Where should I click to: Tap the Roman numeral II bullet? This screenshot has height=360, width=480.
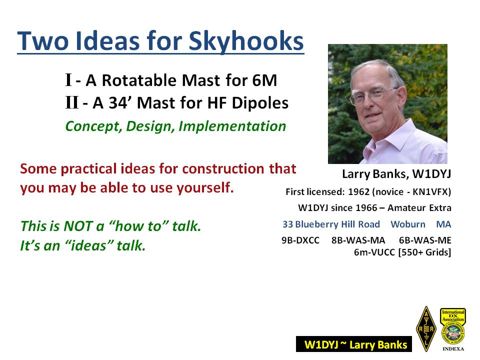[72, 102]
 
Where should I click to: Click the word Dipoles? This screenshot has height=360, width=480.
[260, 103]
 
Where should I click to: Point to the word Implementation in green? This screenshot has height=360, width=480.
[232, 126]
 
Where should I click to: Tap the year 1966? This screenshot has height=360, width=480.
[366, 208]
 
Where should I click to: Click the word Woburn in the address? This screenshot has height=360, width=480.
[408, 224]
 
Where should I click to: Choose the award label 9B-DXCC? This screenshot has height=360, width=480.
[300, 240]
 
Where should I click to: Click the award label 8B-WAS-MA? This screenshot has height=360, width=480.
[358, 240]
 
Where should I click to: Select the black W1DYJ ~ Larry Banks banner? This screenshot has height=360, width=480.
[354, 344]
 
